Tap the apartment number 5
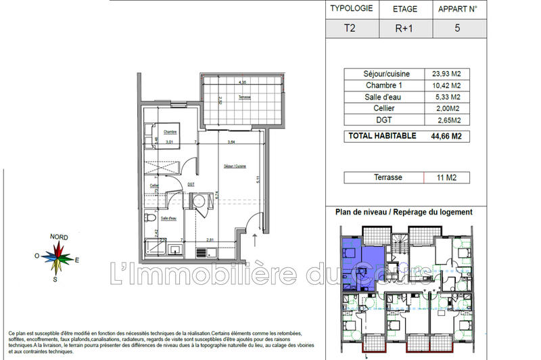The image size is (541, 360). tap(458, 29)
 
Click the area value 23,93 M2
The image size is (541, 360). tap(441, 74)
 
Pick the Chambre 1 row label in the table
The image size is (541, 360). tap(379, 85)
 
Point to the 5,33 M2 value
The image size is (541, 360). tap(441, 97)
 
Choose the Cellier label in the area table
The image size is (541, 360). tap(379, 109)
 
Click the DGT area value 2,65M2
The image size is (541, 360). tap(441, 120)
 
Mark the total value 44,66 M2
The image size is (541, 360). tap(441, 136)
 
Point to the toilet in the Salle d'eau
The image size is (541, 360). tap(149, 218)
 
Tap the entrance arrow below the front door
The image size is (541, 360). tap(254, 238)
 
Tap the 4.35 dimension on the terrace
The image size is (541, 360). tap(241, 83)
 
